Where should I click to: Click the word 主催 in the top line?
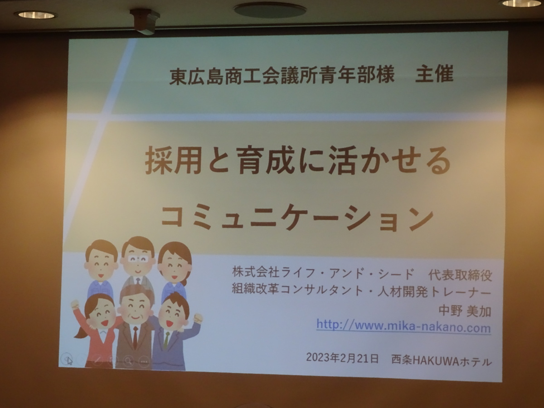[434, 74]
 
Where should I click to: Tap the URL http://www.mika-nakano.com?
[404, 326]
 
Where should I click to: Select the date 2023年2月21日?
[343, 358]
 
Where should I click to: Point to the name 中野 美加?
[465, 311]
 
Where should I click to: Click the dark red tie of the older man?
[135, 337]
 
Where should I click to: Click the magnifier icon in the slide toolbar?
[128, 360]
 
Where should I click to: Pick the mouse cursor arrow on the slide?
[70, 361]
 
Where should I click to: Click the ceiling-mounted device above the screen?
[145, 21]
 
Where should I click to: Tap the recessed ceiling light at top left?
[36, 15]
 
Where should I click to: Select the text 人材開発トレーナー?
[434, 293]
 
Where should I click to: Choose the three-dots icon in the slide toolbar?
[144, 361]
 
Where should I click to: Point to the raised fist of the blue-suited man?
[198, 318]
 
